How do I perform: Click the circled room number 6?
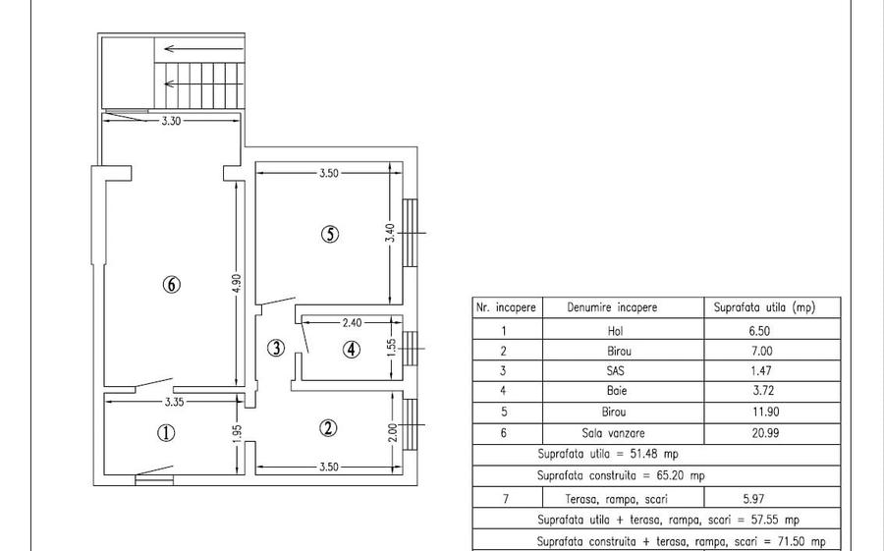(x=171, y=284)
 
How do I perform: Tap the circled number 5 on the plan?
(x=330, y=234)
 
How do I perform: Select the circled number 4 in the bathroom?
(x=352, y=350)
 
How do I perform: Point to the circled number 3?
(x=276, y=348)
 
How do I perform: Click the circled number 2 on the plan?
(x=328, y=428)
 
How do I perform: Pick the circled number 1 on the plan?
(x=166, y=433)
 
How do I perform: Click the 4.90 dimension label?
(x=237, y=283)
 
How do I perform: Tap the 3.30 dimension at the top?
(x=171, y=121)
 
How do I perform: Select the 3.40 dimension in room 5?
(x=390, y=233)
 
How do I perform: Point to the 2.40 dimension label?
(x=352, y=322)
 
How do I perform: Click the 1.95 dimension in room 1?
(x=238, y=433)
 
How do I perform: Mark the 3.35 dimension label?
(x=174, y=402)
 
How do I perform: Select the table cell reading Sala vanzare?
(x=613, y=433)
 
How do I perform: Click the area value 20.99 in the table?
(x=765, y=433)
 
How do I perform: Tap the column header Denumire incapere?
(x=612, y=307)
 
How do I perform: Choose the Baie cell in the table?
(x=617, y=390)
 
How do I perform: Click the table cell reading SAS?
(x=615, y=370)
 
